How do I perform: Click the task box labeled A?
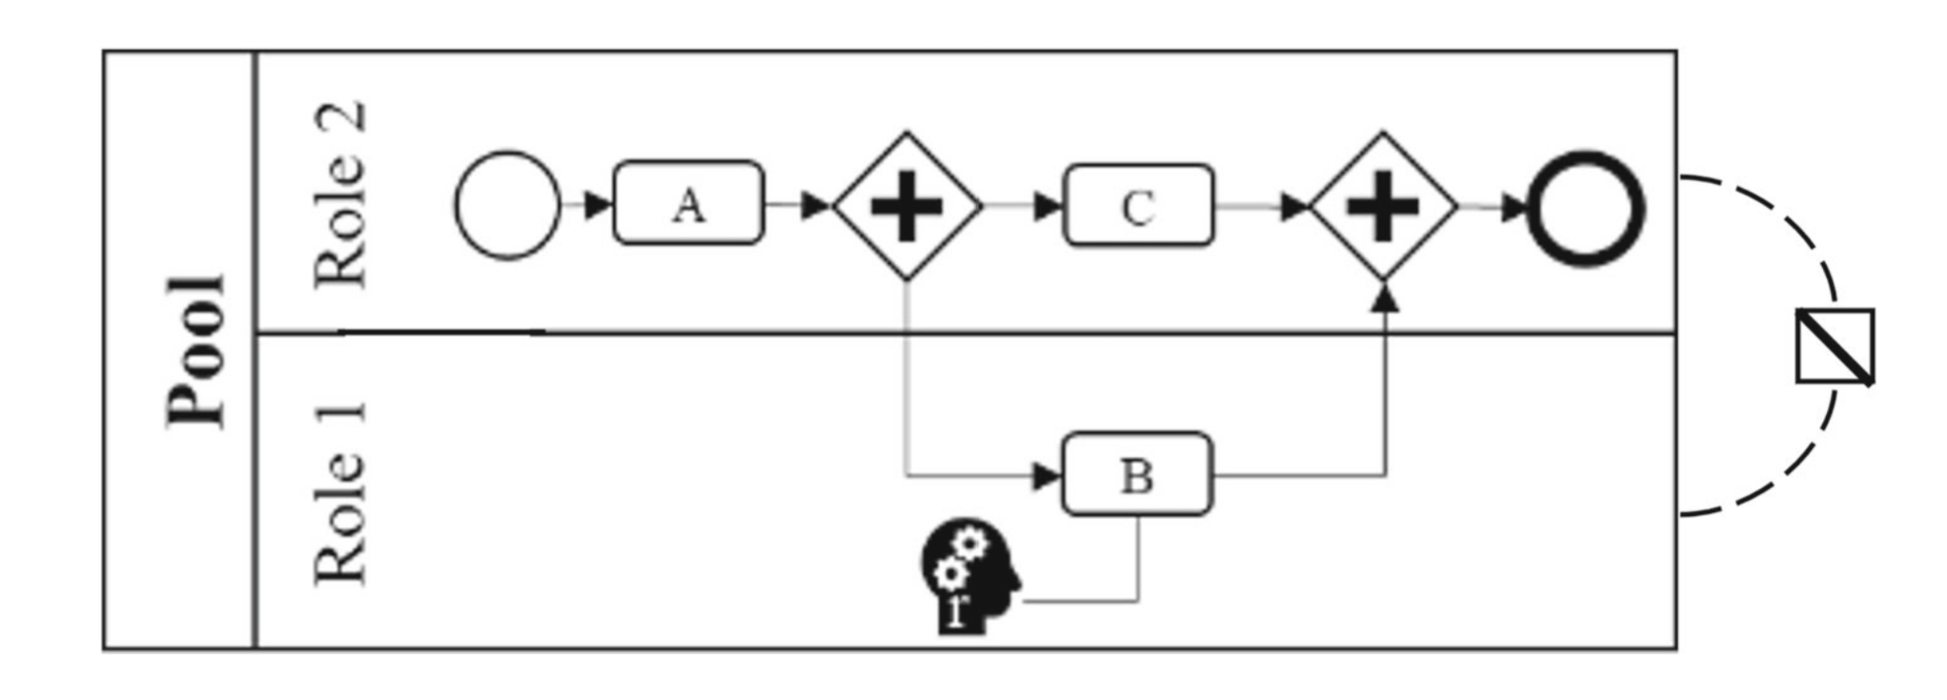pos(688,203)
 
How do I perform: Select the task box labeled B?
pos(1137,474)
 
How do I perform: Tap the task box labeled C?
pos(1138,205)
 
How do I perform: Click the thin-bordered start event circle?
pos(507,205)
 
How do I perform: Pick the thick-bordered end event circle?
pos(1586,207)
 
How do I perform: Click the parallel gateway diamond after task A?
pos(907,206)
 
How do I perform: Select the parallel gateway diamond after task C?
pos(1383,206)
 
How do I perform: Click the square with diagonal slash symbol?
pos(1834,346)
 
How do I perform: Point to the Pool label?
pos(197,350)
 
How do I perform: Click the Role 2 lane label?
pos(340,194)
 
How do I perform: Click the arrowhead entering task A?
pos(598,204)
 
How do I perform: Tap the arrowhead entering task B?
pos(1047,475)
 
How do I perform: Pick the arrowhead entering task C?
pos(1047,205)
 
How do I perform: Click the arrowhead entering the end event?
pos(1514,207)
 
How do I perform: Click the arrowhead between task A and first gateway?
pos(815,204)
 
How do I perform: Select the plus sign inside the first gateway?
pos(907,206)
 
